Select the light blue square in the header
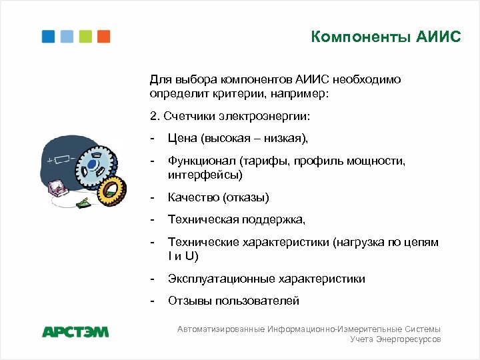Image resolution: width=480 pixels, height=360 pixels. pos(67,36)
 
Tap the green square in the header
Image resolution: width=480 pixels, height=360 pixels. pos(85,36)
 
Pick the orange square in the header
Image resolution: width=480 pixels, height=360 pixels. pos(103,36)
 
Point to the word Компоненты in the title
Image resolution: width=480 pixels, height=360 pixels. pos(351,37)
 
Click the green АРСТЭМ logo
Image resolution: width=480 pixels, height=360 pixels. pos(75,331)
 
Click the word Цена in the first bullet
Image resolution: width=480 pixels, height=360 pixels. pos(182,139)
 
